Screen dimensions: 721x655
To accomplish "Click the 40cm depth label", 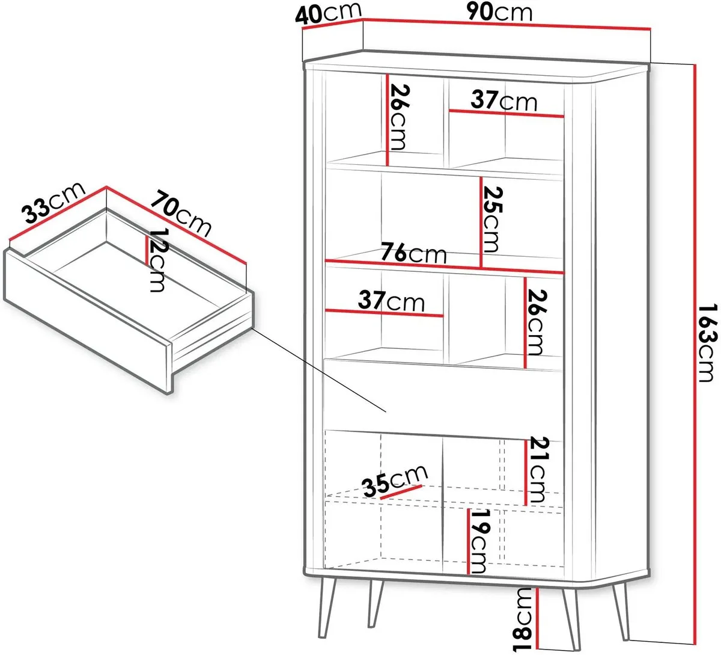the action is pos(328,14).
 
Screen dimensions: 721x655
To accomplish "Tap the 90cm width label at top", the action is pos(500,13).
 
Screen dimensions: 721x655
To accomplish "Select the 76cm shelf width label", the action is pos(413,253).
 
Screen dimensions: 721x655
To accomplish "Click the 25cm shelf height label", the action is pos(491,219).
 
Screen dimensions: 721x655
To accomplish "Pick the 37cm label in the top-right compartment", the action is pos(504,100).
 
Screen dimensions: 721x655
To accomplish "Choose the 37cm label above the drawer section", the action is pos(391,301).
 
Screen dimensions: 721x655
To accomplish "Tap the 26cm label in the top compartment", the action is pos(399,117).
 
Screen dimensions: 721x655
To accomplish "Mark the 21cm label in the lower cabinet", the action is pos(537,469).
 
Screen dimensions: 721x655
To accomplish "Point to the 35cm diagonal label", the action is pos(395,482).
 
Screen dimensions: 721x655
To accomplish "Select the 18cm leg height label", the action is pos(523,620).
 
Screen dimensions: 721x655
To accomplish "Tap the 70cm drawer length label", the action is pos(180,214).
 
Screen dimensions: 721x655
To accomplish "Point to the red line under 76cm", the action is pos(444,266).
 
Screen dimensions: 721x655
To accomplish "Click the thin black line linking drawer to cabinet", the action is pos(319,370).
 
